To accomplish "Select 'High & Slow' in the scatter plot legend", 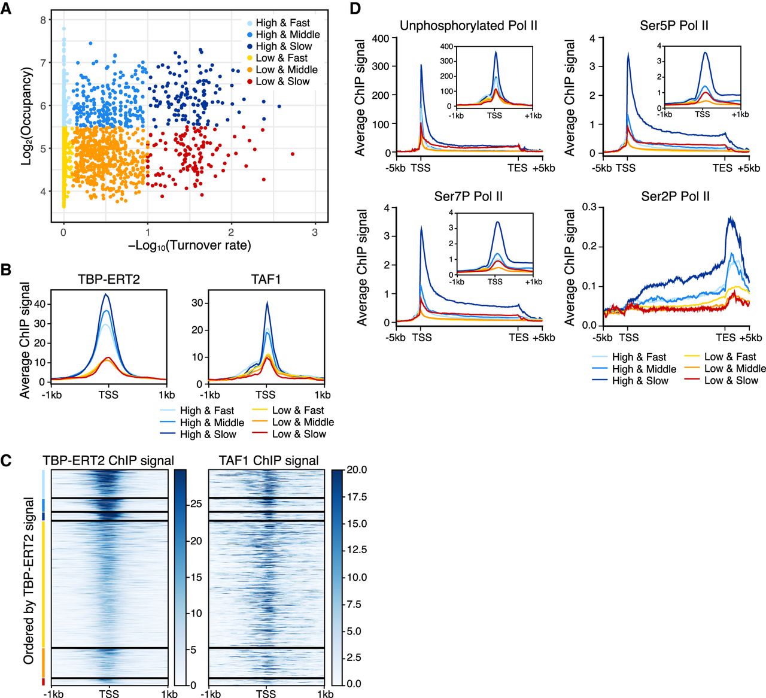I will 284,46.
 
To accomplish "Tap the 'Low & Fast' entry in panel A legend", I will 281,58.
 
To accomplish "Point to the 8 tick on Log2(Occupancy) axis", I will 42,20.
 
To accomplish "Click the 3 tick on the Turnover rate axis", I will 315,233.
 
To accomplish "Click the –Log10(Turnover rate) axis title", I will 189,245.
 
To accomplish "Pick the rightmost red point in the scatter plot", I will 293,154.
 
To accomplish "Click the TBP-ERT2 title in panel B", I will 108,279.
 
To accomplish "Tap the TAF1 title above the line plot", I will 265,279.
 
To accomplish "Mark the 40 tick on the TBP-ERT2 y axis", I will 41,304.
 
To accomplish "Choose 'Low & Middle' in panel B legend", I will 303,422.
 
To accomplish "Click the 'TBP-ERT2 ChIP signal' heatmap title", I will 108,460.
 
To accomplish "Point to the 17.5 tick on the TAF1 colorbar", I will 354,497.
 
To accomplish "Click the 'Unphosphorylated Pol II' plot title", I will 469,26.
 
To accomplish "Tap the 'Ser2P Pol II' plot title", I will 675,196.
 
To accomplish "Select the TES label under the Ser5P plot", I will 722,168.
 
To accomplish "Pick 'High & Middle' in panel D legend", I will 644,369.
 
